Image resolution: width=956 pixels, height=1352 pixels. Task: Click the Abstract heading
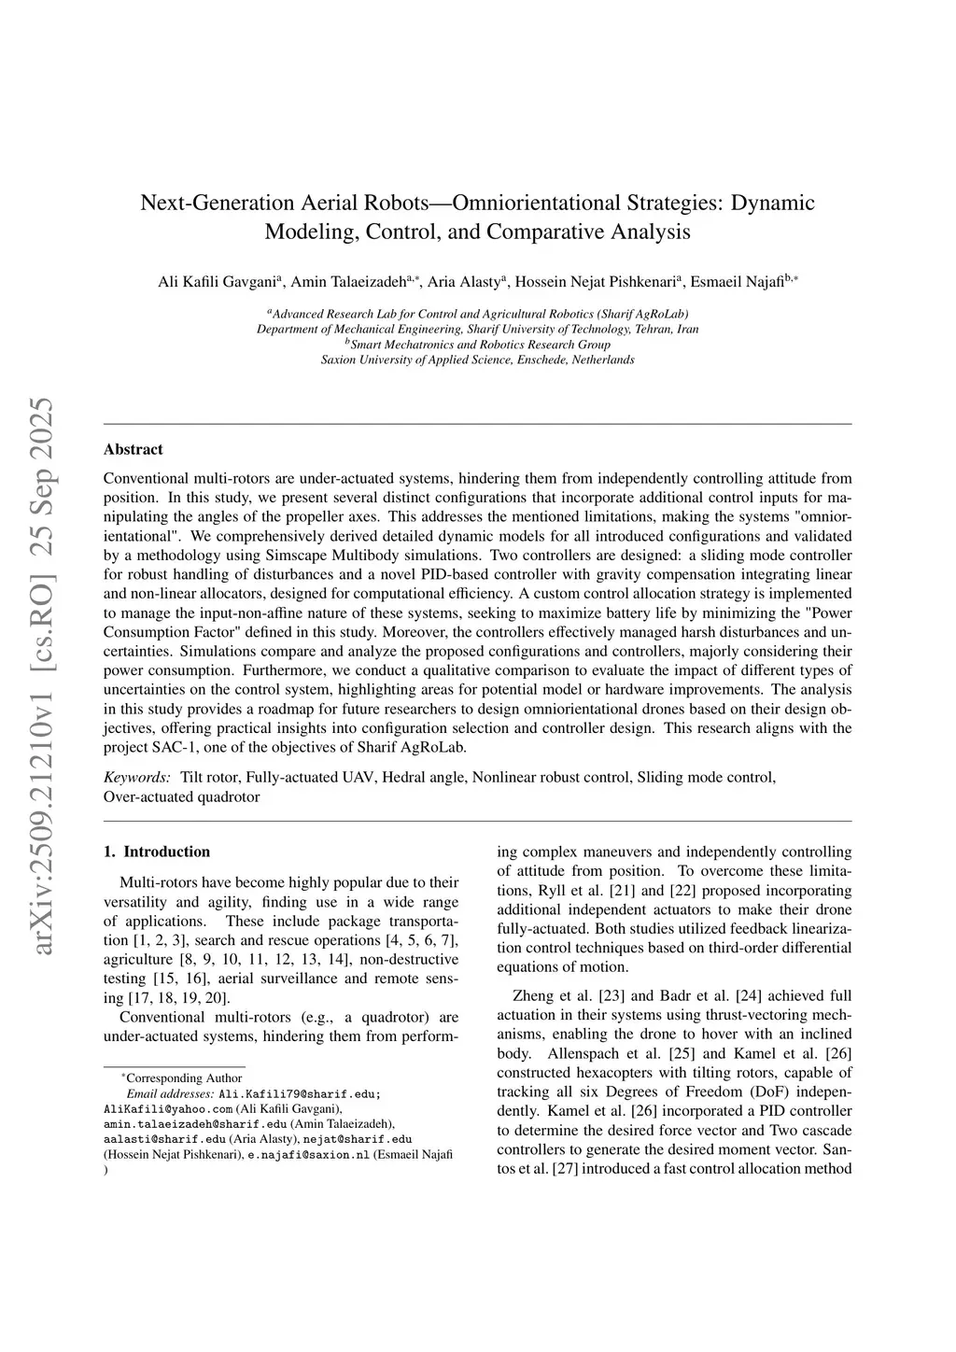[x=134, y=449]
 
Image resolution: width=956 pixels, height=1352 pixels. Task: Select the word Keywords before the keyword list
[x=136, y=777]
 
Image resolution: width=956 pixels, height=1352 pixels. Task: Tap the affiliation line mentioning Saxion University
[x=477, y=359]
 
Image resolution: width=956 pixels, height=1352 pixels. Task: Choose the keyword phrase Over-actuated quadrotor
[x=181, y=797]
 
